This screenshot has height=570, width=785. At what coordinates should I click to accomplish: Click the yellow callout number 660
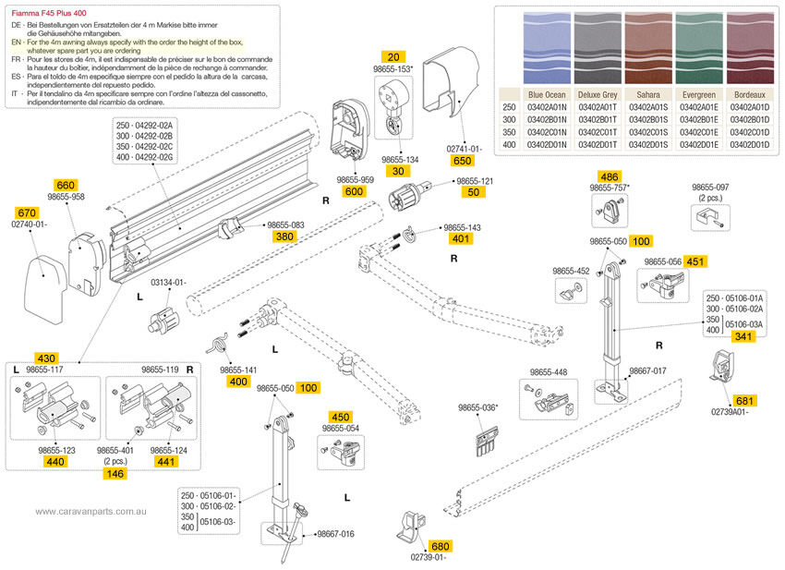pos(66,184)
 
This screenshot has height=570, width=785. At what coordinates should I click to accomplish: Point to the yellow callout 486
pos(610,176)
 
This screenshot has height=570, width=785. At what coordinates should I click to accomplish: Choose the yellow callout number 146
pos(115,473)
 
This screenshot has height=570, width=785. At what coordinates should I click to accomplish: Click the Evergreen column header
pos(698,95)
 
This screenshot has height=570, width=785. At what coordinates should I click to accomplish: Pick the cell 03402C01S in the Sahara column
pos(647,131)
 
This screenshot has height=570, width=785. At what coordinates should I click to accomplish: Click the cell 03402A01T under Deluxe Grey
pos(598,107)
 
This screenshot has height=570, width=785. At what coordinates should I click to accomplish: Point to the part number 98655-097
pos(711,187)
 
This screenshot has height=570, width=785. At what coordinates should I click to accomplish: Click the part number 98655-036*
pos(478,407)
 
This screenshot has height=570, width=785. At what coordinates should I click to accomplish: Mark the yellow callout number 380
pos(284,236)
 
